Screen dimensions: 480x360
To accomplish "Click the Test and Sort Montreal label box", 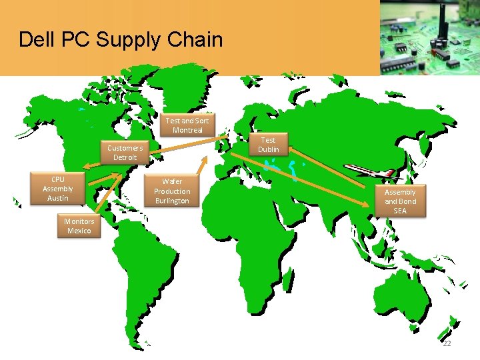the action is click(x=187, y=125).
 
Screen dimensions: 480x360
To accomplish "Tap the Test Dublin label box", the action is click(x=269, y=145).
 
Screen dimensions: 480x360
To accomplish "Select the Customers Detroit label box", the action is click(x=125, y=153).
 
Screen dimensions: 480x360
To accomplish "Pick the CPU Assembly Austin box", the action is click(x=58, y=189).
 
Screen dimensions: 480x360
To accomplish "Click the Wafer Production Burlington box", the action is click(x=172, y=191).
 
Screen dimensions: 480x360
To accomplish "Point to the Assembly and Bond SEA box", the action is click(x=400, y=201).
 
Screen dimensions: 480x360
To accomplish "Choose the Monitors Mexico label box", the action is click(x=79, y=226).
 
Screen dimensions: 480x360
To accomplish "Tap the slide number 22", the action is click(x=447, y=343).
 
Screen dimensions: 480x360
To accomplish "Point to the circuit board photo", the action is click(x=429, y=37).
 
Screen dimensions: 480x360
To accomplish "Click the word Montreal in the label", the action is click(x=187, y=130).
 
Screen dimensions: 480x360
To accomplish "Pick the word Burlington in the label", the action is click(x=172, y=201).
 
